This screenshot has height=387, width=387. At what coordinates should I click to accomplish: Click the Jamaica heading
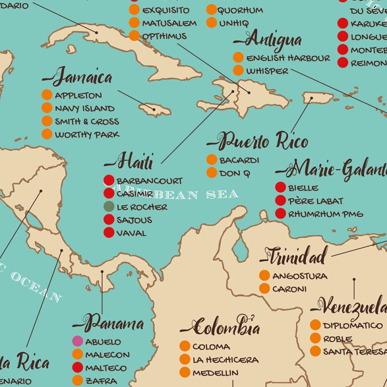(x=80, y=77)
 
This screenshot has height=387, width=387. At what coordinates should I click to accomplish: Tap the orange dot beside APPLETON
(x=47, y=95)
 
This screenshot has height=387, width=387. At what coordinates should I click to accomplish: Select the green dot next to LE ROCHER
(x=109, y=207)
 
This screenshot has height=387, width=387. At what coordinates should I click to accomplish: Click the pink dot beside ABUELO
(x=78, y=342)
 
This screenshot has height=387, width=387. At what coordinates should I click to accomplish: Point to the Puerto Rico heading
(x=259, y=142)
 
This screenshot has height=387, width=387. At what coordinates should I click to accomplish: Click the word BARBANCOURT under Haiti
(x=149, y=181)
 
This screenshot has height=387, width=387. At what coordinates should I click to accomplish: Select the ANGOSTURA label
(x=299, y=276)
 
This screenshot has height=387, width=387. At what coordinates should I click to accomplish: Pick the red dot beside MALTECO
(x=78, y=368)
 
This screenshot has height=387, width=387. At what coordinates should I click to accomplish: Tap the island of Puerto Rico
(x=313, y=98)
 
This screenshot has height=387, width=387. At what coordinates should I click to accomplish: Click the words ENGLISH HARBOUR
(x=288, y=58)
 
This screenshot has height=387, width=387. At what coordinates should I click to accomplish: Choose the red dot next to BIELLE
(x=280, y=188)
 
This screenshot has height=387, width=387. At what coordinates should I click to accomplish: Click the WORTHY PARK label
(x=87, y=134)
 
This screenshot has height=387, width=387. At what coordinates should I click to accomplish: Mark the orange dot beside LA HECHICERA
(x=184, y=359)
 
